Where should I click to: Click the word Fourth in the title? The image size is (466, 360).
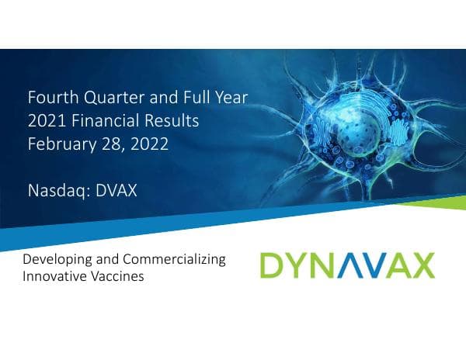[49, 99]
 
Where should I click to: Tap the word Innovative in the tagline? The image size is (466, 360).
[54, 276]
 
